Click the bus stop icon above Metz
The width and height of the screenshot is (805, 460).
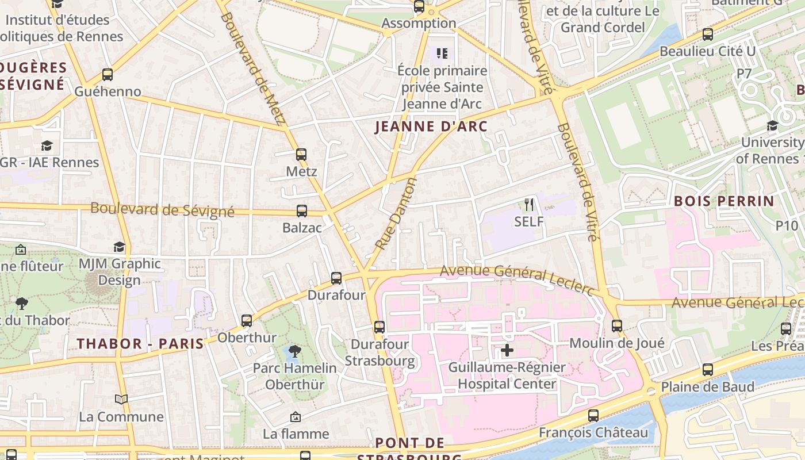pyautogui.click(x=301, y=154)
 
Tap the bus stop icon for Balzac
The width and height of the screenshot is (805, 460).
pyautogui.click(x=302, y=210)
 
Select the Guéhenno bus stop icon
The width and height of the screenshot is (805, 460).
pyautogui.click(x=108, y=74)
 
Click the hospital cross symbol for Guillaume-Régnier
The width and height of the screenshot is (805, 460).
pyautogui.click(x=507, y=350)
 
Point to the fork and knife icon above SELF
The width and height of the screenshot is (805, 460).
pyautogui.click(x=529, y=204)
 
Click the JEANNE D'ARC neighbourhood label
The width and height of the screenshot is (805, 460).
pyautogui.click(x=431, y=126)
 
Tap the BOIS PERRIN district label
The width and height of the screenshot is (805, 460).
pyautogui.click(x=724, y=201)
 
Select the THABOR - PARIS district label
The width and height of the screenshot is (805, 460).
pyautogui.click(x=141, y=344)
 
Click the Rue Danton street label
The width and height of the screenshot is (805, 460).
pyautogui.click(x=396, y=213)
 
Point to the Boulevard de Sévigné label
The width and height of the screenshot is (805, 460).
pyautogui.click(x=162, y=210)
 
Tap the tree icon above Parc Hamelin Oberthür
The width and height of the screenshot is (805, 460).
pyautogui.click(x=295, y=350)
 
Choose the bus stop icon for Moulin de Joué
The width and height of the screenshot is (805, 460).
pyautogui.click(x=617, y=326)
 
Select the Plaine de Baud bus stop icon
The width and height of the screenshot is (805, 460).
pyautogui.click(x=708, y=370)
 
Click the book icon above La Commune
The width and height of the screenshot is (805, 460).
pyautogui.click(x=121, y=399)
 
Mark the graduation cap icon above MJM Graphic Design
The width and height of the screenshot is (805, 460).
pyautogui.click(x=119, y=247)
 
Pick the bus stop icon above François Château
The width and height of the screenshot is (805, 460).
pyautogui.click(x=593, y=415)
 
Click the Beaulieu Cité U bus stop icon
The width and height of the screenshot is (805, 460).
pyautogui.click(x=708, y=34)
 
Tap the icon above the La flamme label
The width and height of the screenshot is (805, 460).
pyautogui.click(x=296, y=416)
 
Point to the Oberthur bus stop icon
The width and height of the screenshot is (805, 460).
pyautogui.click(x=247, y=320)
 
